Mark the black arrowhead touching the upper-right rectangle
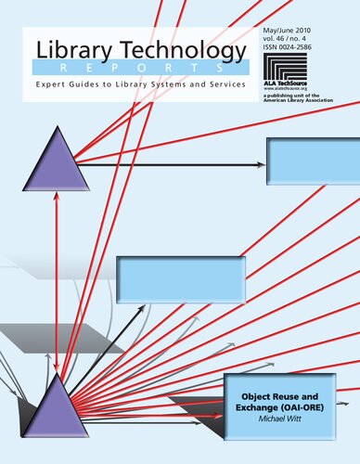pyautogui.click(x=262, y=164)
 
